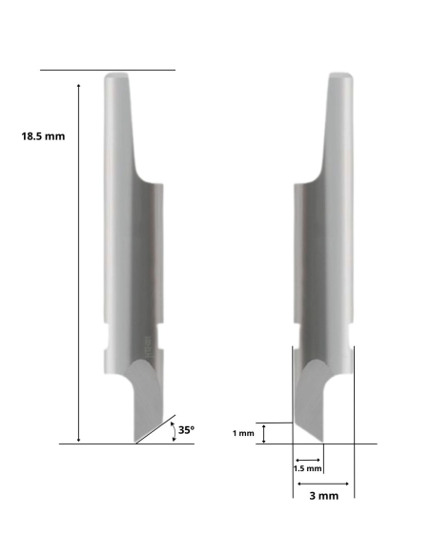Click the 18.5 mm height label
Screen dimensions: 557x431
click(x=44, y=136)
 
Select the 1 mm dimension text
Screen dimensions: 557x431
click(x=244, y=434)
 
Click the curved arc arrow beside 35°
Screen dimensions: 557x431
click(x=172, y=431)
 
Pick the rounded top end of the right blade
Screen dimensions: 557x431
click(x=340, y=76)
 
